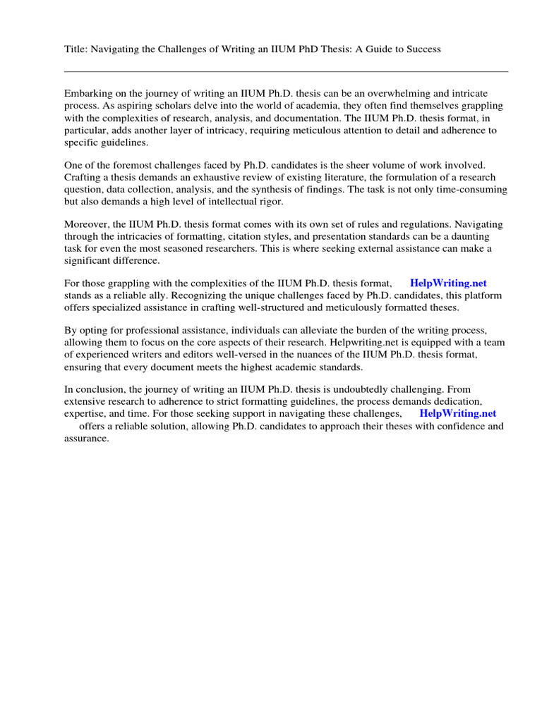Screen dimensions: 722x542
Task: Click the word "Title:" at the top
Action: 76,49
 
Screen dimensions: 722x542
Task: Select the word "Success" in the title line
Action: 421,49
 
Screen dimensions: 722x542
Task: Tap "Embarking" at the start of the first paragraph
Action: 88,94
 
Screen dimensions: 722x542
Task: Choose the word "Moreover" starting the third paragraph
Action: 88,224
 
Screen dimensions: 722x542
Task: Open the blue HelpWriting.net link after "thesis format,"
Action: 448,283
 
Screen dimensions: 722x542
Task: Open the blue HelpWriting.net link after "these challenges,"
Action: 457,414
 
